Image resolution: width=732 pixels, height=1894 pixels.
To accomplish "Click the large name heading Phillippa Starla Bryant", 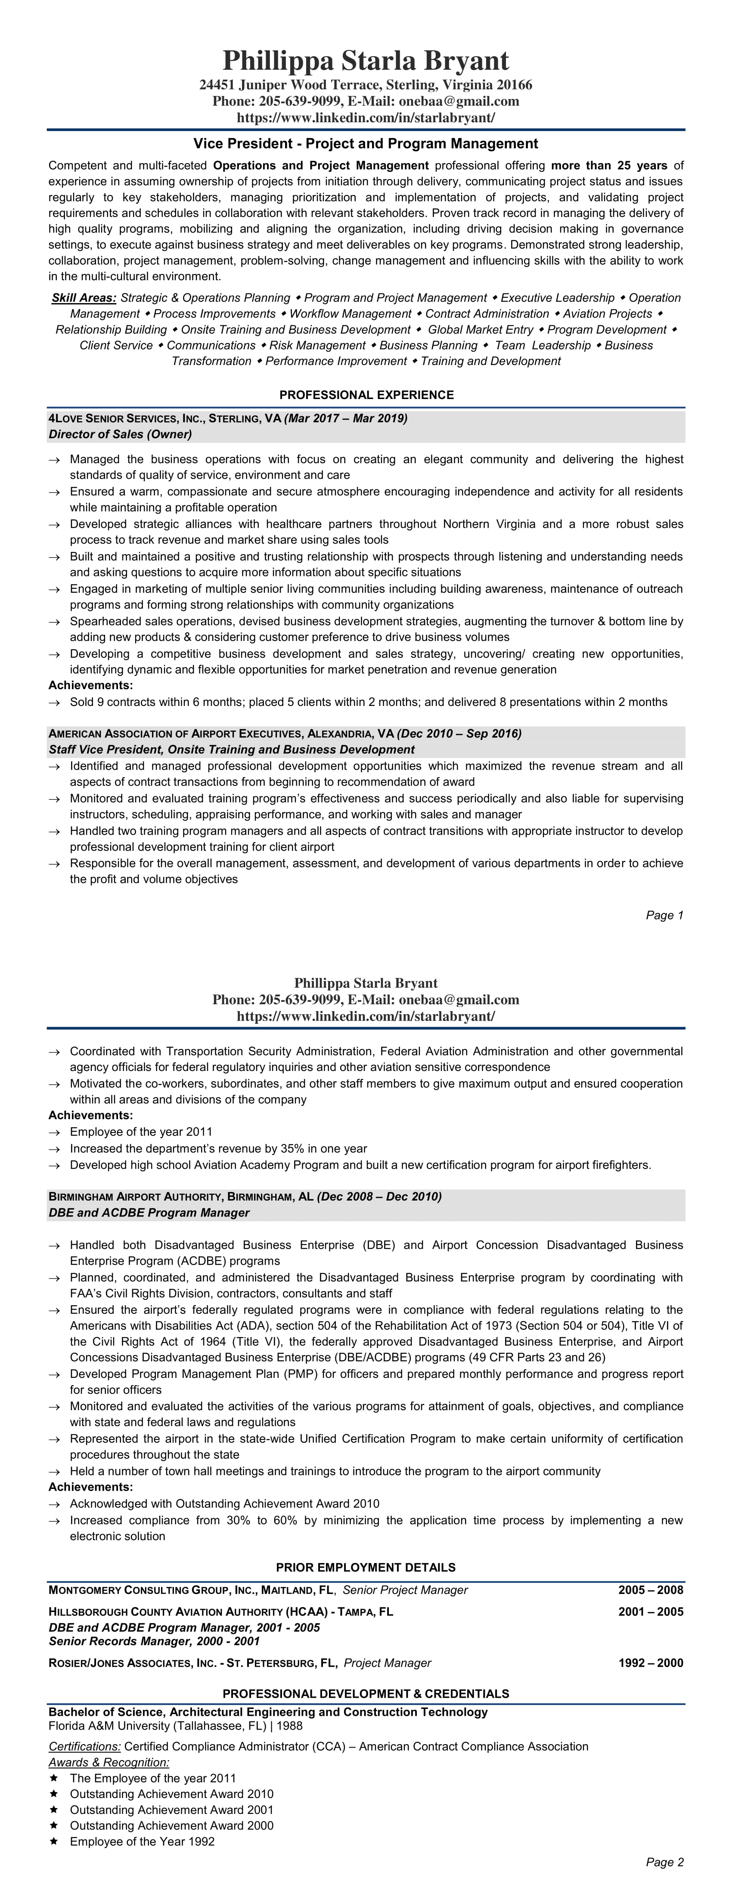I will click(366, 60).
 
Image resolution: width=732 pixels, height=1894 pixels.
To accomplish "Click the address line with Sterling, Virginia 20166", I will click(366, 85).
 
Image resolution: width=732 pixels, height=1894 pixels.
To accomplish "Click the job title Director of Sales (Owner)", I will click(120, 434).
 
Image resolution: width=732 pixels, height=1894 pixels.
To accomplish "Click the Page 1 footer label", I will click(664, 916).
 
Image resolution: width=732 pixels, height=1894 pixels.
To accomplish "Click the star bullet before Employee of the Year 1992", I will click(53, 1842).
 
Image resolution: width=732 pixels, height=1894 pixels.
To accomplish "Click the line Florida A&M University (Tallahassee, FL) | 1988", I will click(175, 1726).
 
